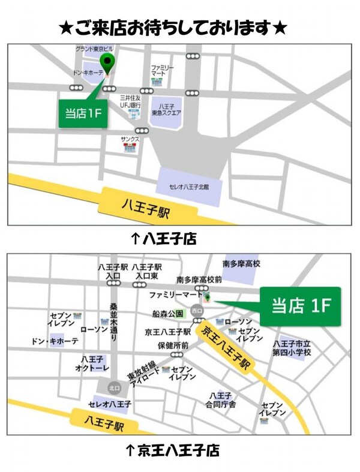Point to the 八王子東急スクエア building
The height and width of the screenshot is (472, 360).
(166, 112)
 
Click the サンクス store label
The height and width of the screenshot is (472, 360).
(130, 139)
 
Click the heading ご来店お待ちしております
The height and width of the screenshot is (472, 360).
(173, 28)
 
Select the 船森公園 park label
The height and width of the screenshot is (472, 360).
(167, 313)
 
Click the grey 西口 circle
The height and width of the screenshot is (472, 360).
(197, 310)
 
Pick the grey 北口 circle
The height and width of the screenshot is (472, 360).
(114, 387)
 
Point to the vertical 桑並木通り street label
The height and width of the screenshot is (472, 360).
(114, 322)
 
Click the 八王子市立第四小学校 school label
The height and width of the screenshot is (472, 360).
(292, 348)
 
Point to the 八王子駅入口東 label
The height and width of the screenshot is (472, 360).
(148, 270)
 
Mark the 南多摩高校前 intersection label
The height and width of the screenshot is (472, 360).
(199, 279)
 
